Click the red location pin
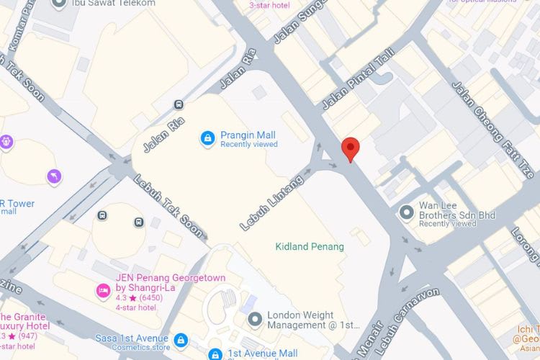coord(350,149)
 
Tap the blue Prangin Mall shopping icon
coord(207,138)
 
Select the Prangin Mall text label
coord(248,135)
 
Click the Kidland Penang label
coord(310,246)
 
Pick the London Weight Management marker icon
coord(253,318)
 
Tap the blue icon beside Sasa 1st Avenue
coord(180,338)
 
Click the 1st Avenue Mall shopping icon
coord(215,354)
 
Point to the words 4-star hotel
coord(136,307)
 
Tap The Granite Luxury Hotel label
coord(25,321)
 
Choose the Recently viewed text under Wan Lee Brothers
coord(447,224)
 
